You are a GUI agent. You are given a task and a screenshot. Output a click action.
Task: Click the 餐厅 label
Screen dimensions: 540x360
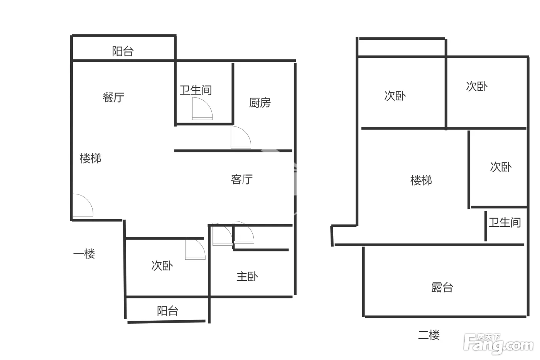pos(113,97)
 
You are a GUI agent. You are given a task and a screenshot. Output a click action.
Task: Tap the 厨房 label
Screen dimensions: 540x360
pos(260,103)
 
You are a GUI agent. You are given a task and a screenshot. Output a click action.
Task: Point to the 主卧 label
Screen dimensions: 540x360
pos(247,276)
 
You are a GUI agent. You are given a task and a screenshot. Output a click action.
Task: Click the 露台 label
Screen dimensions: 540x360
pos(442,287)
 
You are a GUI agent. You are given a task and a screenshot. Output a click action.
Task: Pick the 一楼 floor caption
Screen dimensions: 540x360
pos(84,254)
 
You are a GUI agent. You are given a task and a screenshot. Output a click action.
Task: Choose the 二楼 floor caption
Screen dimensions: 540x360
pos(429,335)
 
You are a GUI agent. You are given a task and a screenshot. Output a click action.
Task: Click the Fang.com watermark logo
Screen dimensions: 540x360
pos(498,344)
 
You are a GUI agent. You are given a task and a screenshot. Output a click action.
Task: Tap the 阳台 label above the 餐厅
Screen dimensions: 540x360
pos(123,51)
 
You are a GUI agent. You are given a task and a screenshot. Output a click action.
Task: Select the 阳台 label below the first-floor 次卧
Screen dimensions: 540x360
pos(167,311)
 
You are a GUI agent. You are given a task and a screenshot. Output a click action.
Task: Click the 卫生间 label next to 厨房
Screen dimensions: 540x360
pos(196,90)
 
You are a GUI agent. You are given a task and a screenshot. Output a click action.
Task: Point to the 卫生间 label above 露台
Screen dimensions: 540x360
pos(505,222)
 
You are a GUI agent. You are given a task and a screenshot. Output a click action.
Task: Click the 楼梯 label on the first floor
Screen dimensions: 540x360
pos(90,159)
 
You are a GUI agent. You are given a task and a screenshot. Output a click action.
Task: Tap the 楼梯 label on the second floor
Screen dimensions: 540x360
pos(421,180)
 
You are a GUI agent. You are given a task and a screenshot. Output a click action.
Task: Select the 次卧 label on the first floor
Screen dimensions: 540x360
pos(162,266)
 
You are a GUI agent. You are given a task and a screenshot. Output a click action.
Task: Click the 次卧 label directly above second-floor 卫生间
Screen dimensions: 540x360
pos(501,167)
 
